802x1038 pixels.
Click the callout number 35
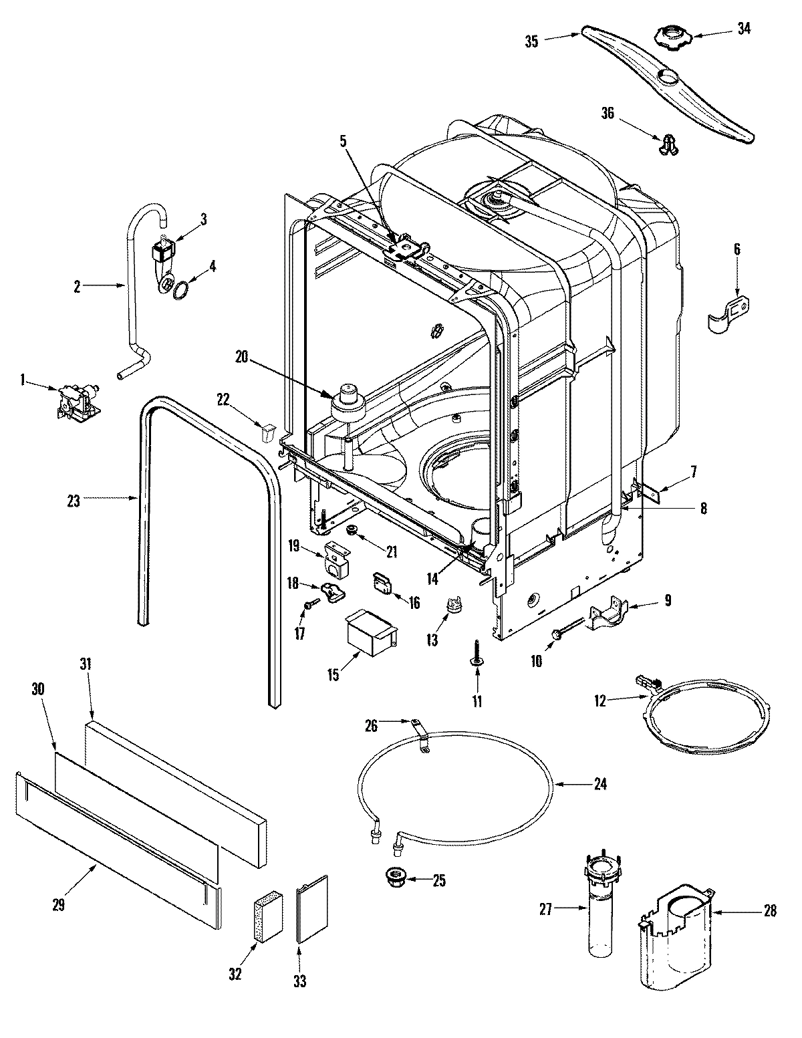point(531,40)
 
